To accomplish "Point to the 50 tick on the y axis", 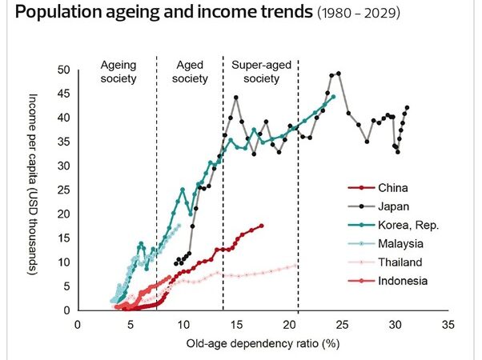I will pyautogui.click(x=64, y=70).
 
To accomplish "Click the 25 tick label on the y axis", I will pyautogui.click(x=64, y=190).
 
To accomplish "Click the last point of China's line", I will pyautogui.click(x=261, y=226).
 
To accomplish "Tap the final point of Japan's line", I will pyautogui.click(x=407, y=107).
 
